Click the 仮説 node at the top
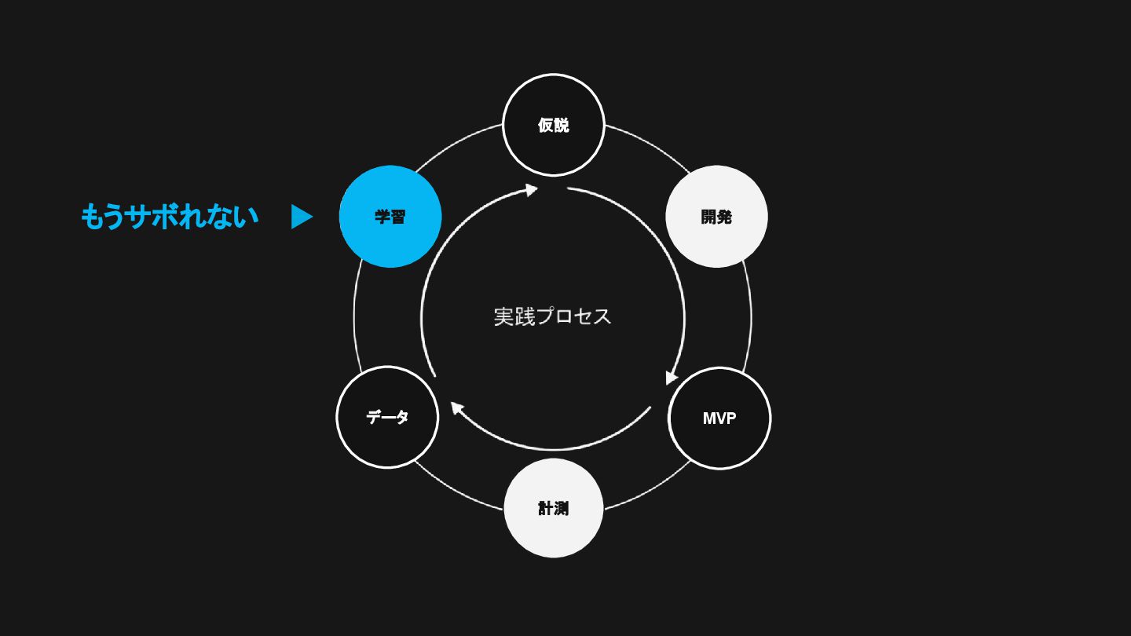click(553, 125)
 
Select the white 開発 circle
click(716, 217)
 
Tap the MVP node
click(719, 418)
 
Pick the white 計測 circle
click(553, 508)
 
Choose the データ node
click(387, 417)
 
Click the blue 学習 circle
click(390, 217)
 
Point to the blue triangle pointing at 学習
click(301, 217)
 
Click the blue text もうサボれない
click(170, 217)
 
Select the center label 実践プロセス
click(552, 316)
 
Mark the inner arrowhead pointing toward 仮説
click(532, 189)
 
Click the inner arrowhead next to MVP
click(671, 378)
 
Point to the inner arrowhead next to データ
click(456, 408)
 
